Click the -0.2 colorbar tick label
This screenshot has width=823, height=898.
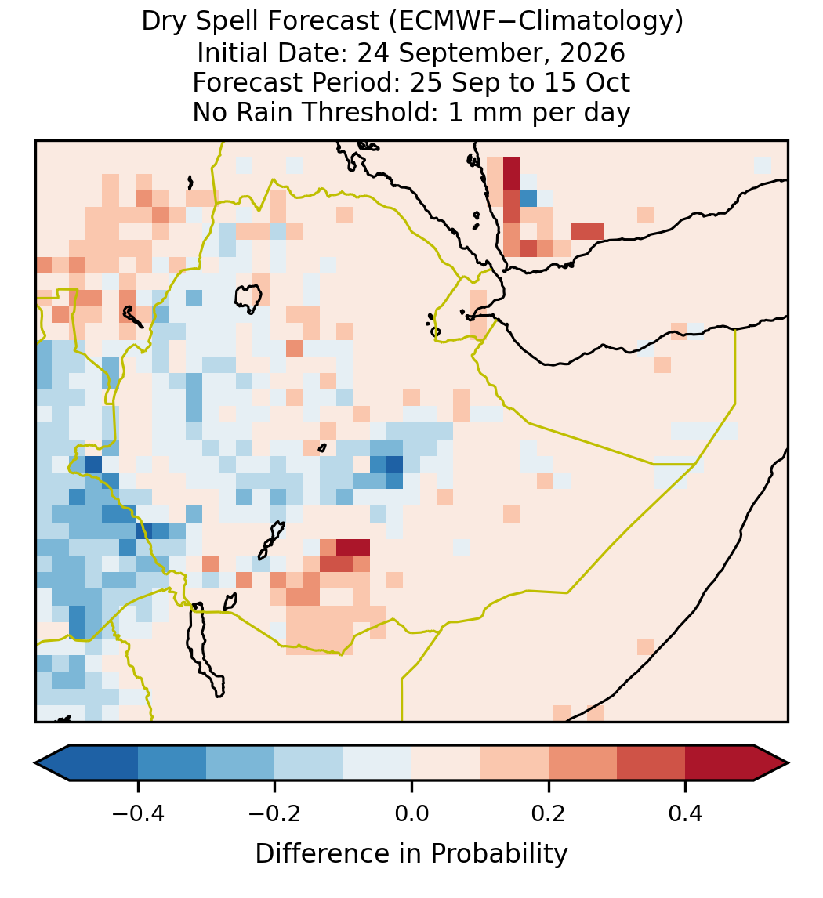[274, 813]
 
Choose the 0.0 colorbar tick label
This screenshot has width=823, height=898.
[411, 813]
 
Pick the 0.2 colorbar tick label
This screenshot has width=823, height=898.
[549, 813]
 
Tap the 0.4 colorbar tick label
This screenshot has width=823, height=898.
[686, 813]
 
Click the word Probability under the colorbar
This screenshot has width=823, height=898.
[499, 854]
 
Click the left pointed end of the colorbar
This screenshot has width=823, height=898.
[35, 763]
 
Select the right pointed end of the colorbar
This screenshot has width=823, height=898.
[788, 763]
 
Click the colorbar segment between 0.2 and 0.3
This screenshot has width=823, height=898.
[582, 763]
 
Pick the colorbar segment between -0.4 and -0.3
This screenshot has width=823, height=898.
[172, 763]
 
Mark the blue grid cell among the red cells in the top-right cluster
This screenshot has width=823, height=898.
[528, 198]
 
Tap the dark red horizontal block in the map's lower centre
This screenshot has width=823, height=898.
[353, 547]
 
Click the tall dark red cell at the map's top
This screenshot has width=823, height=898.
[512, 173]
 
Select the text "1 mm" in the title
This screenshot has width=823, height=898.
[486, 112]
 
